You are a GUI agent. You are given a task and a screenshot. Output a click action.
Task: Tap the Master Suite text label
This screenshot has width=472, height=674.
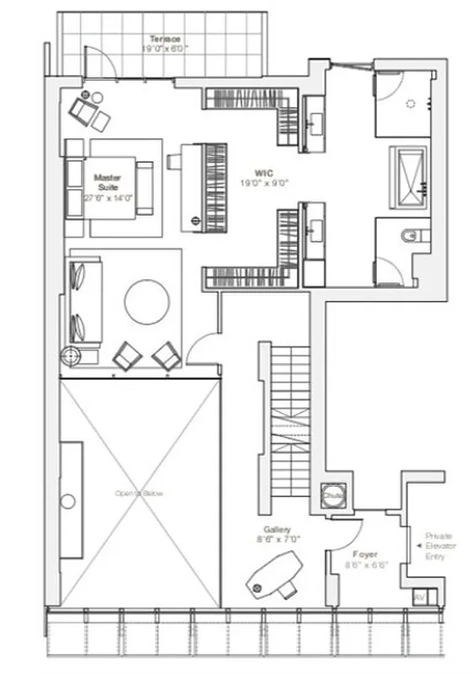[x=108, y=184]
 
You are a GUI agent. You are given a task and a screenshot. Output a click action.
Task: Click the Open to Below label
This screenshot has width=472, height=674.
[x=139, y=493]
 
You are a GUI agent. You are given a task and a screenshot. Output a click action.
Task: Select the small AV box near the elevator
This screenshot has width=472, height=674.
[x=420, y=597]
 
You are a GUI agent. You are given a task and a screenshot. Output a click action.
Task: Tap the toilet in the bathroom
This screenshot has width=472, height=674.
[x=411, y=238]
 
